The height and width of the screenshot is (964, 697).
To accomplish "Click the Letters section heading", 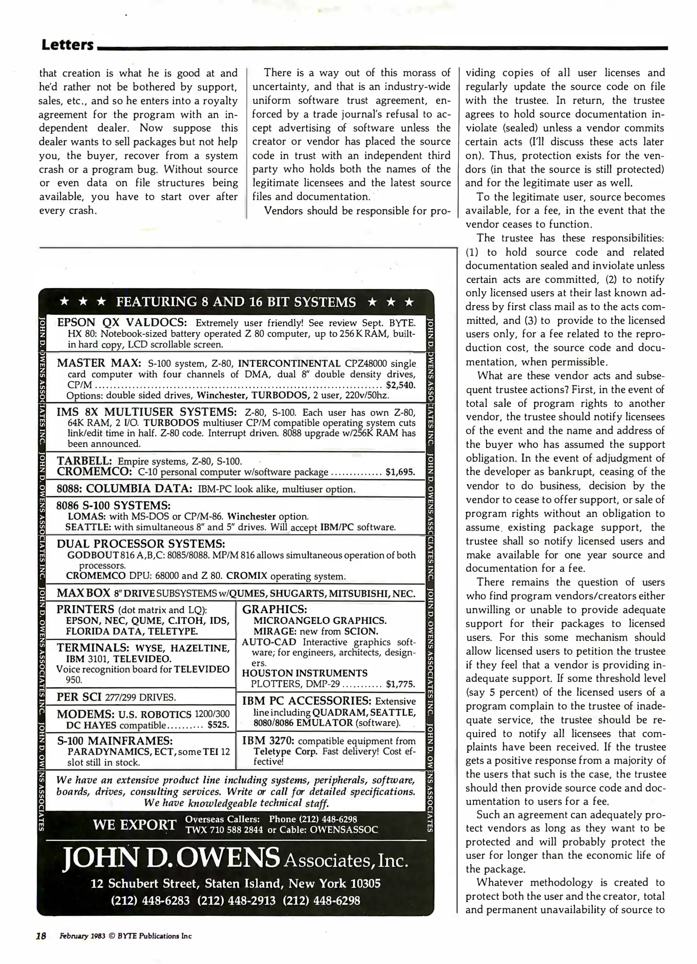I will point(67,45).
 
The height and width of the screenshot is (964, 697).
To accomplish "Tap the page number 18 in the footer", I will point(41,936).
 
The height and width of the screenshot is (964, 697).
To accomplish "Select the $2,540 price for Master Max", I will point(400,385).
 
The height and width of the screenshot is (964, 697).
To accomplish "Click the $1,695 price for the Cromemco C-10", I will point(400,472).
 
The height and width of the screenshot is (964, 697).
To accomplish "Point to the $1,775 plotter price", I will point(400,684).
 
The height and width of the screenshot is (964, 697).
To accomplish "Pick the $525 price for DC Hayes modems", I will point(218,725).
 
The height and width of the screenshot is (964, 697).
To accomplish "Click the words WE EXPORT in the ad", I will point(134,825).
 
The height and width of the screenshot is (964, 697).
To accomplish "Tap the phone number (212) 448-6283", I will point(150,900).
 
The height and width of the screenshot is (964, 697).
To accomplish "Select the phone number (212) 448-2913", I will point(236,900).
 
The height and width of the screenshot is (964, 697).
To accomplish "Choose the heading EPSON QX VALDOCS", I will point(121,323).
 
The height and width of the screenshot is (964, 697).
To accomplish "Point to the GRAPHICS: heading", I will point(274,609).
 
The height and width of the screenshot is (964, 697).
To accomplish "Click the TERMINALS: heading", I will point(93,648).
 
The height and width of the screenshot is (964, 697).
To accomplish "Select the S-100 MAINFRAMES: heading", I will point(115,741).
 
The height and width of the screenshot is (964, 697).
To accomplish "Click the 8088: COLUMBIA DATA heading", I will point(124,488).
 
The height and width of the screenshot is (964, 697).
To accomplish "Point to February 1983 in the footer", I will point(82,936).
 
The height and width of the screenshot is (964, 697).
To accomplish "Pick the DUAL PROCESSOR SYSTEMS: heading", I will point(140,544).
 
